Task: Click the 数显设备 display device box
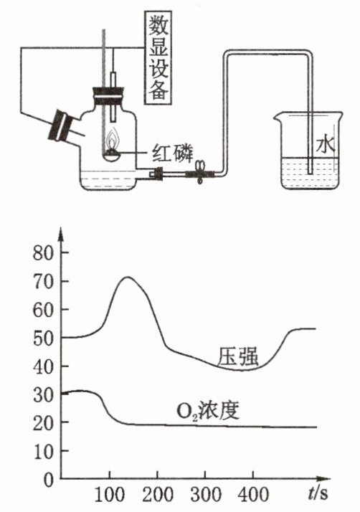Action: click(158, 57)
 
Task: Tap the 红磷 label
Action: click(173, 153)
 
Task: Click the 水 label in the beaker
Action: click(325, 145)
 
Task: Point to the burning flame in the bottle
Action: click(113, 140)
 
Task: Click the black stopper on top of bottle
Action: click(108, 95)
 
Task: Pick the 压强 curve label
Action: click(238, 356)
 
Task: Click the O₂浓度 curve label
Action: click(208, 411)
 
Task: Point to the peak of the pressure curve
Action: click(128, 278)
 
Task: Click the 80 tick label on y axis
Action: click(43, 253)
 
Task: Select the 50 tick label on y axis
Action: click(43, 338)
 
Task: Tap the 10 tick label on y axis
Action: click(43, 451)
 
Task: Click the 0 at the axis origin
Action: click(48, 480)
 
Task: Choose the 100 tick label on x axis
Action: click(110, 495)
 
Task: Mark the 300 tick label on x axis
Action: click(206, 495)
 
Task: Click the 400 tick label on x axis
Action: click(253, 495)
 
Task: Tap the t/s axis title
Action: click(318, 493)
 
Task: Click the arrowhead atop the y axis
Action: click(60, 234)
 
